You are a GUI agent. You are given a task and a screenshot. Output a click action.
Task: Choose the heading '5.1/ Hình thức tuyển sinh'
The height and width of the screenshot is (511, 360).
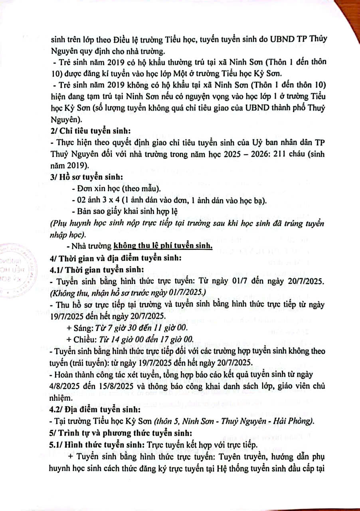tap(97, 444)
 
